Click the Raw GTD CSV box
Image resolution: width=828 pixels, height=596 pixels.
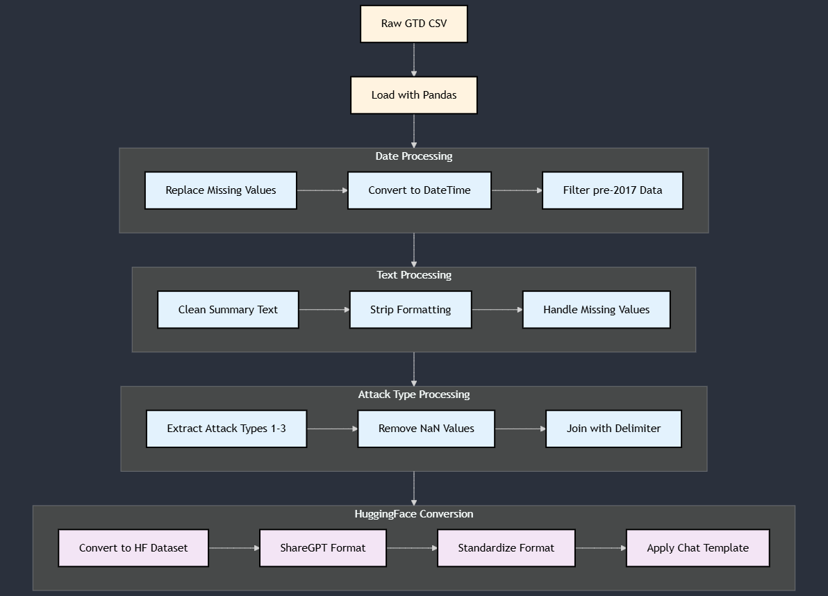pos(414,24)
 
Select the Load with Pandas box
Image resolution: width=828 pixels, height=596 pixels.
pos(414,95)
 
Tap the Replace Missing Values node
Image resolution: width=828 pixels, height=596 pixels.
pos(221,190)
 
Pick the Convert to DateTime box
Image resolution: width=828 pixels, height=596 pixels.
pos(420,190)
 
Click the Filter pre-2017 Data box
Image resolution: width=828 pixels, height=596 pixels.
pos(613,190)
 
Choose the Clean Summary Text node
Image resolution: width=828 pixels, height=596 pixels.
pos(228,310)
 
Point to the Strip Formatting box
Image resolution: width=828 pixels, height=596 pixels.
pos(411,310)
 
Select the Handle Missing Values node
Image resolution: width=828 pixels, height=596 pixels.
pos(596,310)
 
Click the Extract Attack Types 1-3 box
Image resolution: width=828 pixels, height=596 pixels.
pos(226,429)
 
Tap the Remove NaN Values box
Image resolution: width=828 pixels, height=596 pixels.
pos(427,429)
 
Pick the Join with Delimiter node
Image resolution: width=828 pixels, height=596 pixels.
pos(613,429)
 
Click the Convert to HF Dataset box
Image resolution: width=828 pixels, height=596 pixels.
pos(133,548)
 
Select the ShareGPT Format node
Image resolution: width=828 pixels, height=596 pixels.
pos(323,548)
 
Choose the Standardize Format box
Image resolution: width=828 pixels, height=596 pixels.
pos(506,548)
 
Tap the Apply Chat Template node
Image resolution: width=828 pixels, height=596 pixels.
pos(697,548)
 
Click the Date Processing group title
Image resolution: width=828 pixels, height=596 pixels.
pos(414,156)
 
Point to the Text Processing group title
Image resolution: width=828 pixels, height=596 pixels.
pos(414,275)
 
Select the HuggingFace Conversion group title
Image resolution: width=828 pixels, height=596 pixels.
pos(414,514)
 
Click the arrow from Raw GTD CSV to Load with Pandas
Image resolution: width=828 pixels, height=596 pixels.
pos(414,60)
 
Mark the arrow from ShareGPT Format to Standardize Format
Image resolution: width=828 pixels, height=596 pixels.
pos(411,548)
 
